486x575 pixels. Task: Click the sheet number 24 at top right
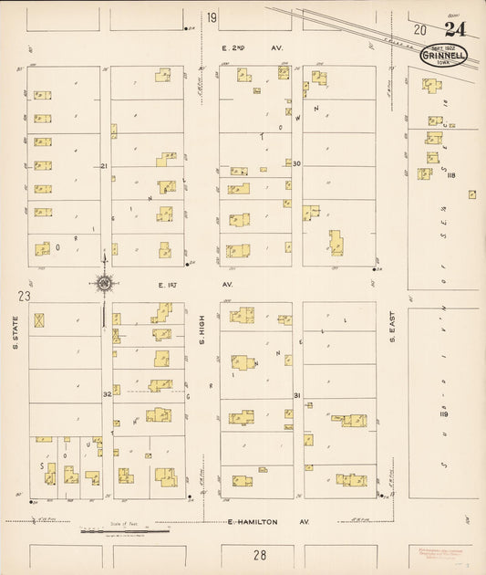coord(455,29)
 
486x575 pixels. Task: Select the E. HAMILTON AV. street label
coord(267,522)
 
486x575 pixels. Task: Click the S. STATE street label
coord(16,332)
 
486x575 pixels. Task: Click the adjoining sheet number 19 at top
coord(212,18)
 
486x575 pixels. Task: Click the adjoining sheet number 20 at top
coord(419,30)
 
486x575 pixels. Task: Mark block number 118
coord(450,176)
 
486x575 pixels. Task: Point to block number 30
coord(296,163)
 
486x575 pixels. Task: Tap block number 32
coord(106,394)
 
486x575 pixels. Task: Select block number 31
coord(297,394)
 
